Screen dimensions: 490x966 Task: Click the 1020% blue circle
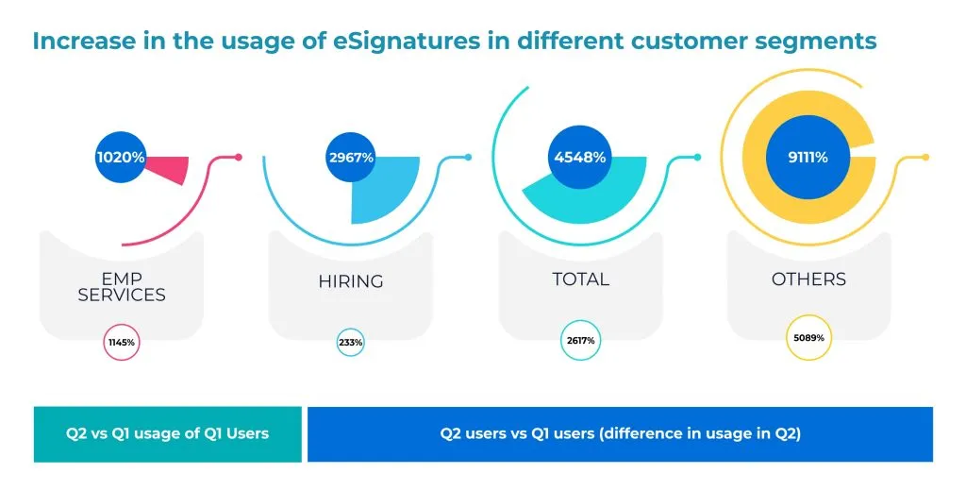(120, 158)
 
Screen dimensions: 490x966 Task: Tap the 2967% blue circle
(351, 158)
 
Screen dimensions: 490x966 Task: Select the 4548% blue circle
(579, 158)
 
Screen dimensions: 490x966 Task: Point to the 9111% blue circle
(808, 158)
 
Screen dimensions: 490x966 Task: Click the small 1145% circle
(122, 341)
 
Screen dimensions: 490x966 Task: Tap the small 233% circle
(350, 342)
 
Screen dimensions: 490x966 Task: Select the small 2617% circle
(579, 341)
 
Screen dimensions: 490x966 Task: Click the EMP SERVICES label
(122, 287)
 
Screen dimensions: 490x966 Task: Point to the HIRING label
(350, 280)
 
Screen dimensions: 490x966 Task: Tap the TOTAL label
(579, 279)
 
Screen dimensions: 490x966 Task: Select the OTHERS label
(808, 279)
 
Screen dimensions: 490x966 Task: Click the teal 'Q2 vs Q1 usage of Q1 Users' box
(167, 434)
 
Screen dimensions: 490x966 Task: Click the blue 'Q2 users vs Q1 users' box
(620, 434)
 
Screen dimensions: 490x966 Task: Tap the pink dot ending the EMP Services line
(239, 157)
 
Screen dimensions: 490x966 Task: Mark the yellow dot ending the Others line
(925, 157)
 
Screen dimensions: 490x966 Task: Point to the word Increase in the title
(75, 42)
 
